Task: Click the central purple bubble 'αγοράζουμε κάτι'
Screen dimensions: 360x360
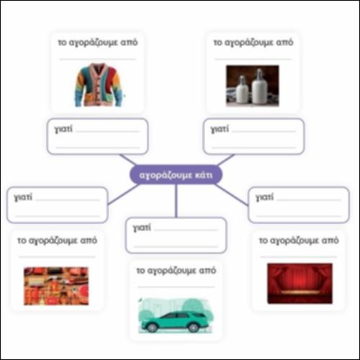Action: coord(176,175)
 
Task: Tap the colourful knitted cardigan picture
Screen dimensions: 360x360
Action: coord(99,84)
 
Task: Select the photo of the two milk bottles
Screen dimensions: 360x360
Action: coord(253,86)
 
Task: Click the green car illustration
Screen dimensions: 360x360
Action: coord(176,315)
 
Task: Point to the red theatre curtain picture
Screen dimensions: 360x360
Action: coord(300,283)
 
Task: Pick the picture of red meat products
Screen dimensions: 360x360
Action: coord(56,286)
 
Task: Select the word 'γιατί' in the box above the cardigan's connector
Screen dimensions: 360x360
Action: coord(63,129)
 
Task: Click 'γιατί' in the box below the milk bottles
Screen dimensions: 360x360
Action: coord(220,129)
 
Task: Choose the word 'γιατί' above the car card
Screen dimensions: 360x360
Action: coord(142,228)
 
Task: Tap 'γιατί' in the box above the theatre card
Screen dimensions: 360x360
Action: coord(264,197)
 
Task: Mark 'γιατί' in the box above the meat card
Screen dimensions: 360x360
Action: coord(23,197)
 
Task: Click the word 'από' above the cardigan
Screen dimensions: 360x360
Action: coord(129,42)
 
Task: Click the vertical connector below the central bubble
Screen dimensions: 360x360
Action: coord(176,201)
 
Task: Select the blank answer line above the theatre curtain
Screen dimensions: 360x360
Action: coord(299,257)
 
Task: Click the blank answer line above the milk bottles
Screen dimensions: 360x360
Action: coord(253,59)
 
